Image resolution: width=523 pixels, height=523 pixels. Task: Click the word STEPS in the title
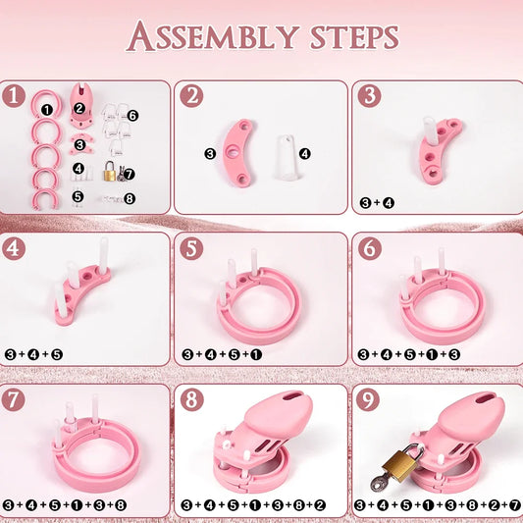pos(347,36)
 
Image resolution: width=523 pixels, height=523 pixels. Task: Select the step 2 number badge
pos(192,97)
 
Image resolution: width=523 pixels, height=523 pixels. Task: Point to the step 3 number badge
pos(369,97)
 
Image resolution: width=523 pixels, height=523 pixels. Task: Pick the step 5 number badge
pos(192,249)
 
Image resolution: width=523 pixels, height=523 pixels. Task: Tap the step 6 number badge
pos(369,249)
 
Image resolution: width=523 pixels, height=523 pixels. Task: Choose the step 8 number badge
pos(192,401)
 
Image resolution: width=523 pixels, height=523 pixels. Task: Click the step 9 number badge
pos(369,401)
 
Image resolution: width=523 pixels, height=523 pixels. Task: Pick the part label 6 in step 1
pos(132,116)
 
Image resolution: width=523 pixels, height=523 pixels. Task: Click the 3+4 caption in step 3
pos(378,203)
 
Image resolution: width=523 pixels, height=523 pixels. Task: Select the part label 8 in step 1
pos(130,197)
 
